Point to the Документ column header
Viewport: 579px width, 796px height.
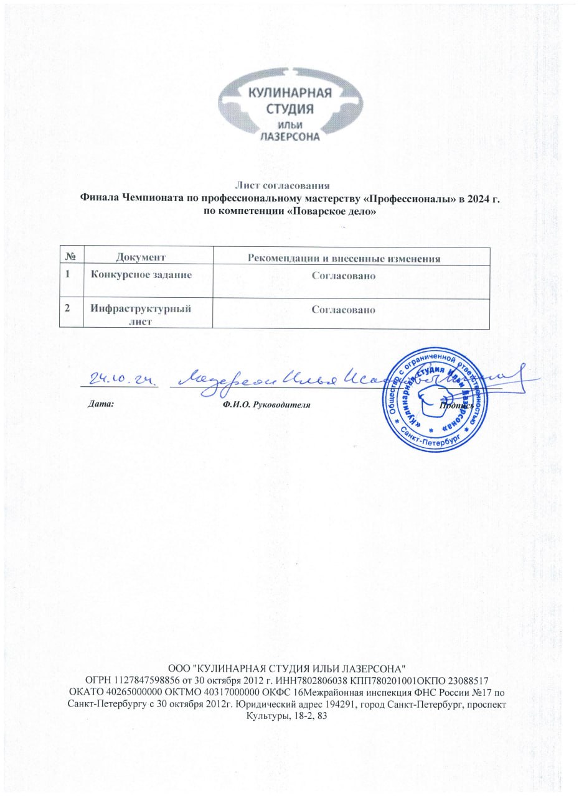141,256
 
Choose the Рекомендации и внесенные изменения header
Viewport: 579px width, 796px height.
344,258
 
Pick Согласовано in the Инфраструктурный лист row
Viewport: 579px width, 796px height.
344,308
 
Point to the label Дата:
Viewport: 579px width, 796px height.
100,404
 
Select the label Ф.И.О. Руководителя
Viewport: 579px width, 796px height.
266,404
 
